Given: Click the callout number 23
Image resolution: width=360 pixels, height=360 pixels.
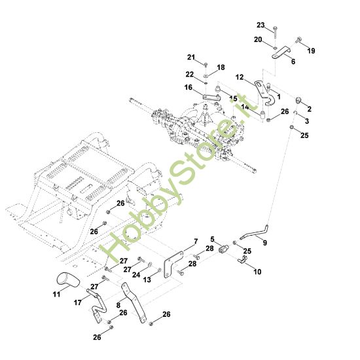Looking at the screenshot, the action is [x=261, y=25].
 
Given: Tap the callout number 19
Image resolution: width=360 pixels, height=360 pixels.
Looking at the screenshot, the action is [x=311, y=51].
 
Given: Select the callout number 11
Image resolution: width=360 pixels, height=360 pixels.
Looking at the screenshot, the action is [x=56, y=294].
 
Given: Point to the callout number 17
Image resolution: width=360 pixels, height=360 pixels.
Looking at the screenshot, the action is [x=78, y=302].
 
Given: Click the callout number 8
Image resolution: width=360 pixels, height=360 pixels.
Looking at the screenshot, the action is [x=118, y=305].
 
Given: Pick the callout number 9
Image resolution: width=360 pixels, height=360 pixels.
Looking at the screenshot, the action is [x=265, y=243].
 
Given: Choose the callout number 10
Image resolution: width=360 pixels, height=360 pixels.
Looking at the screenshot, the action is [x=257, y=272].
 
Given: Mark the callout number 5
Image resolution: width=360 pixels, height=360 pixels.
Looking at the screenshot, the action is [x=212, y=239].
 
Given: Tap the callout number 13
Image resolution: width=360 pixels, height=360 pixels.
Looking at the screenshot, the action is [x=147, y=279].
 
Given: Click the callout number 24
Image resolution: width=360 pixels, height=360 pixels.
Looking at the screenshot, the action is [x=136, y=275].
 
